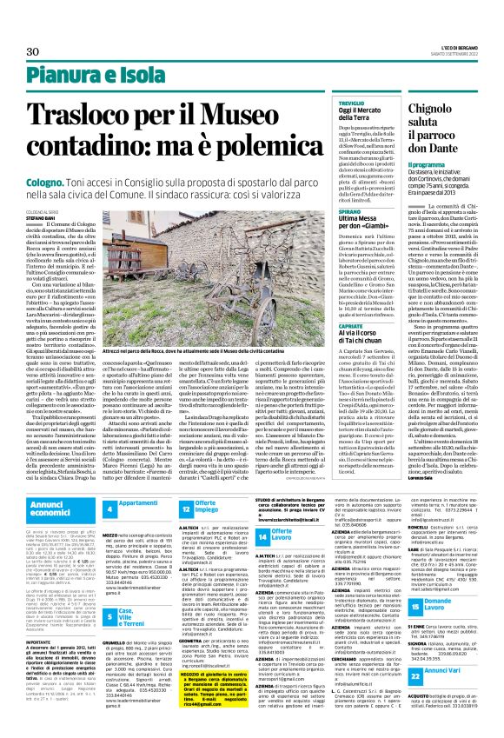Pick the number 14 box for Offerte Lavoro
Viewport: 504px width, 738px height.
click(263, 537)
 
